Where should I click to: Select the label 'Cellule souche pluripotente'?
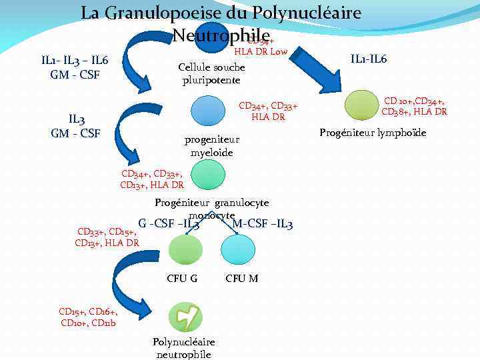tap(212, 74)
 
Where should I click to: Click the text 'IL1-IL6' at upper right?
tap(368, 59)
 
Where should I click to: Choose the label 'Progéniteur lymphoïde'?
tap(373, 133)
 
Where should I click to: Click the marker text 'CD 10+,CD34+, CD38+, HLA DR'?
tap(413, 106)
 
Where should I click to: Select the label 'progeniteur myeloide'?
tap(211, 146)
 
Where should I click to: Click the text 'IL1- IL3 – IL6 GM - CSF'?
tap(75, 67)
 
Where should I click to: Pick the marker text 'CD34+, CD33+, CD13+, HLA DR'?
tap(152, 179)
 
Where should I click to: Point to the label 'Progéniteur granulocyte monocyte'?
tap(211, 208)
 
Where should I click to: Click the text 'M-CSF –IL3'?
tap(263, 223)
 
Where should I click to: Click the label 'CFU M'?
tap(242, 278)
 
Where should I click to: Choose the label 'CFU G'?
tap(182, 278)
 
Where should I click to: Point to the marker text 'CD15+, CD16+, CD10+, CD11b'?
tap(88, 317)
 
